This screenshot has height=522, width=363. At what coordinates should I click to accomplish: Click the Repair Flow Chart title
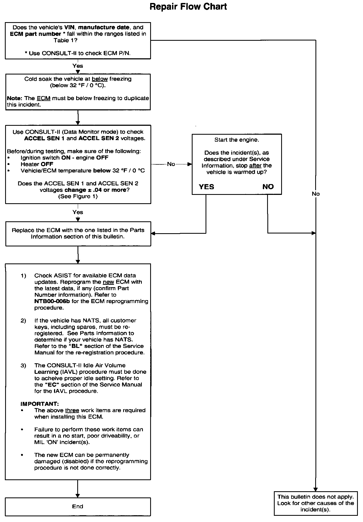coord(188,6)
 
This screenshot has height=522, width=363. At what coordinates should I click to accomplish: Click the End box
coord(78,506)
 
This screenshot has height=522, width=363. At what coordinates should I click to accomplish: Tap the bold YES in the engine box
coord(206,187)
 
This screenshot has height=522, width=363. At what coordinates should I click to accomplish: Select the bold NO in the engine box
coord(268,187)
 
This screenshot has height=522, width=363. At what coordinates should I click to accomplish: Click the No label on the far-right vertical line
coord(315,194)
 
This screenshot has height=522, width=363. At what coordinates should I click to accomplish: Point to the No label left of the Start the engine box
coord(171,164)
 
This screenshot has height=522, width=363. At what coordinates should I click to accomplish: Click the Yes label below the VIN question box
coord(78,66)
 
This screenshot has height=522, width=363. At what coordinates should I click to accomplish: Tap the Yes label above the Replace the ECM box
coord(78,212)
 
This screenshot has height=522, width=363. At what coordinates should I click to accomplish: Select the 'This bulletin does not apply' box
coord(315,503)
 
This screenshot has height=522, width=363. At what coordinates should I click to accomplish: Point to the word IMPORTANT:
coord(40,404)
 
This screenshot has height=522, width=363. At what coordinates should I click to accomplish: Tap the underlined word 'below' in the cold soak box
coord(100,79)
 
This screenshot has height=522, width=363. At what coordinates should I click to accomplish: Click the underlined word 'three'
coord(72,410)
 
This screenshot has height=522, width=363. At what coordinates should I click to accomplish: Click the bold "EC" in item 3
coord(52,385)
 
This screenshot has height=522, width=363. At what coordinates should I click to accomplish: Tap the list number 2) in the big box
coord(23,320)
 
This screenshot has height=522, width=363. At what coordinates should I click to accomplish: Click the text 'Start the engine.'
coord(237,140)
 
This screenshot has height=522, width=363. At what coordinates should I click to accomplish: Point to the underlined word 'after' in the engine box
coord(255,165)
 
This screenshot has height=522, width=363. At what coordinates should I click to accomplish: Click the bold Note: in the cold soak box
coord(15,98)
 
